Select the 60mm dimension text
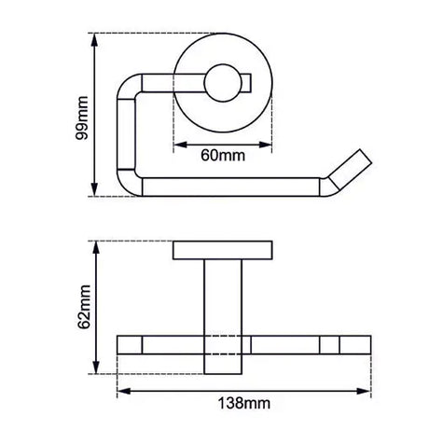pyautogui.click(x=223, y=155)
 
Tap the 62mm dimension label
pyautogui.click(x=83, y=306)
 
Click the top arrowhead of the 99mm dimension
pyautogui.click(x=94, y=38)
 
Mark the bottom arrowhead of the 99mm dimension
pyautogui.click(x=94, y=192)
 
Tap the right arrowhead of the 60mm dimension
pyautogui.click(x=266, y=144)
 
